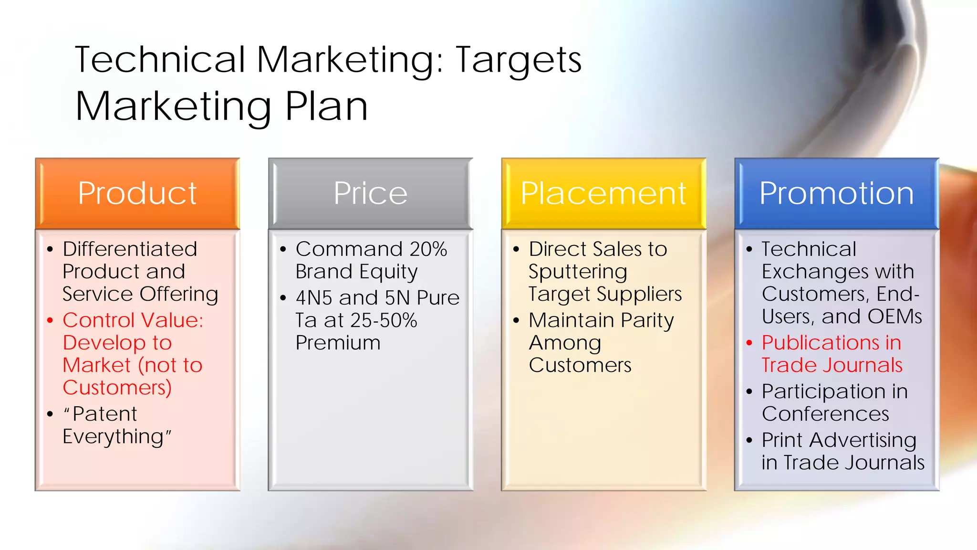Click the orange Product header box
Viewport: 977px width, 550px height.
point(137,193)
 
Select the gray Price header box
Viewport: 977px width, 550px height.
point(370,193)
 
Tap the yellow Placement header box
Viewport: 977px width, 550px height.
point(603,193)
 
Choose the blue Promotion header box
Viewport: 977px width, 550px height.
point(837,193)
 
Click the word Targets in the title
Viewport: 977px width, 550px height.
point(519,60)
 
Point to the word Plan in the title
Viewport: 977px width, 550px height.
point(326,106)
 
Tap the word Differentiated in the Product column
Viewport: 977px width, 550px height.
point(130,249)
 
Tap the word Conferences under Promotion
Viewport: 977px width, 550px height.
point(825,414)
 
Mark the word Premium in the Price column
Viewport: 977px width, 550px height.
point(338,343)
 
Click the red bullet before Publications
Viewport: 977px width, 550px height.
point(749,343)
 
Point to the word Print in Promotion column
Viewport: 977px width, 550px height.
point(782,440)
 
